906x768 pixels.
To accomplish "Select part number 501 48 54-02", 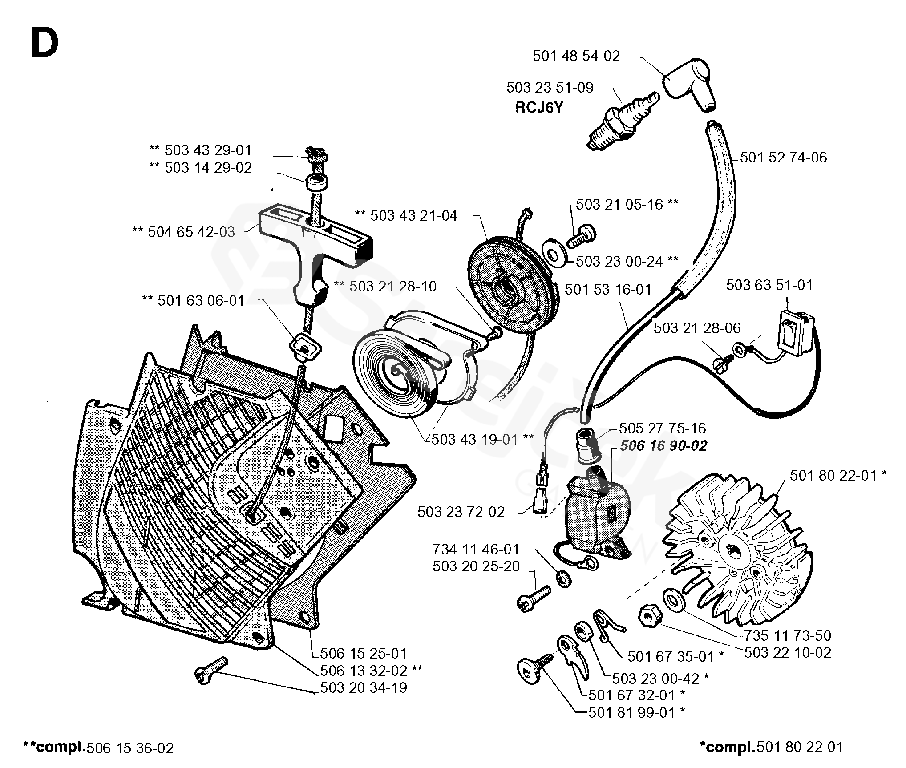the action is tap(576, 56).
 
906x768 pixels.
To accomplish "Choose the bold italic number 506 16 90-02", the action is tap(663, 446).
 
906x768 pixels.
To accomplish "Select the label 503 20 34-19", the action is tap(364, 687).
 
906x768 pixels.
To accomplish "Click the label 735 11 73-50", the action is tap(787, 635).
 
